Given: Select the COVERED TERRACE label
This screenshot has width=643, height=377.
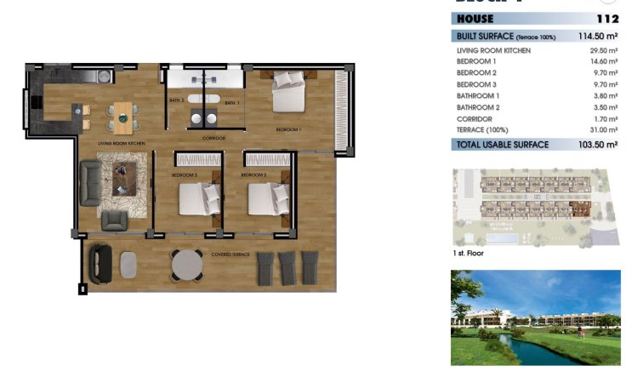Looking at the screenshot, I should [x=230, y=254].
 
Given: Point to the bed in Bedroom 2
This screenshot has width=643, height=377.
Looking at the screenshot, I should [x=266, y=201].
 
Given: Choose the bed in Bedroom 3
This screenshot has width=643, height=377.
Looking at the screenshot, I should [x=198, y=201].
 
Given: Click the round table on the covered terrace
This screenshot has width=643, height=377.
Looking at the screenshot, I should [x=187, y=266].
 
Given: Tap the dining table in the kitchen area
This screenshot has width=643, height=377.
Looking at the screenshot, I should [x=123, y=114].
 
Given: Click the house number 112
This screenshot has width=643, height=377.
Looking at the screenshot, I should [x=608, y=18].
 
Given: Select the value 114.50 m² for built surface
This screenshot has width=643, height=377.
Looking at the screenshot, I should [x=595, y=36].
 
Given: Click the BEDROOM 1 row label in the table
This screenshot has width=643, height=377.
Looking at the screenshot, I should [x=476, y=62].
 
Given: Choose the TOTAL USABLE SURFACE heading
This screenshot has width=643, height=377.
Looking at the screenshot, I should [x=498, y=146].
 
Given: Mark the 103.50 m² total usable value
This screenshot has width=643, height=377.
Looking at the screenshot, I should [x=599, y=146].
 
